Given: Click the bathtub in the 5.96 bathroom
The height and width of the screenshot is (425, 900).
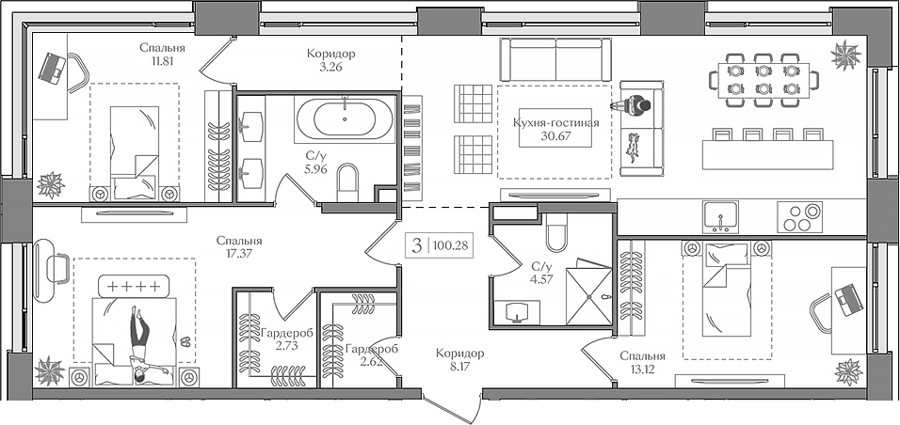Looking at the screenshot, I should pos(346,119).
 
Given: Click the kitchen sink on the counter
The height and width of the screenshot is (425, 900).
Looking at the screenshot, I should pos(721,217).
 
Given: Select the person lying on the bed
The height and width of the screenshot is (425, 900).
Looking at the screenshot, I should pos(139,345).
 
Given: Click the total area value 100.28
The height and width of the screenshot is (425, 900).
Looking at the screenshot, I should pos(451,246).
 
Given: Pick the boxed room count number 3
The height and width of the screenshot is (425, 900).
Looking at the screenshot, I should pos(415,246).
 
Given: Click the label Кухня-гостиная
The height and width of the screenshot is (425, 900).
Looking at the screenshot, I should pos(556,122).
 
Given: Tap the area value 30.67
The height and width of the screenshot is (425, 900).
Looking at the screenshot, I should pos(556,136).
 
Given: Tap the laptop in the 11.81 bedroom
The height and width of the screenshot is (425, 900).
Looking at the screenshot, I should pos(53,67).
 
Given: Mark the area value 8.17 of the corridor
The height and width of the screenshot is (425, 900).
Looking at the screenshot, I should pos(459,369).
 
